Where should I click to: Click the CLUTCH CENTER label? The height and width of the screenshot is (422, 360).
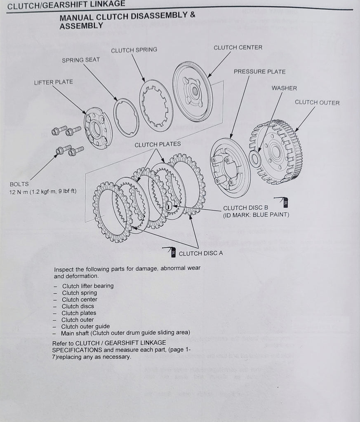coord(238,48)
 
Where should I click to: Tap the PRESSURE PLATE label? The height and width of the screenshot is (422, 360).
coord(259,72)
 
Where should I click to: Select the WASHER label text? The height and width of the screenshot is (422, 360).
coord(284,88)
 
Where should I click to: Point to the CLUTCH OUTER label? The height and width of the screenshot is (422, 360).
coord(317,103)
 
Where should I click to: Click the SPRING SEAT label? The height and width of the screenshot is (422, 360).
coord(81,60)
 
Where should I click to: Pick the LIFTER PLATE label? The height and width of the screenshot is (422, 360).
coord(53,82)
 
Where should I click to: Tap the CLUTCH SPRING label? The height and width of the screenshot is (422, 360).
coord(134,50)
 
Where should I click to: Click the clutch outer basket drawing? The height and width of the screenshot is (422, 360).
coord(276,151)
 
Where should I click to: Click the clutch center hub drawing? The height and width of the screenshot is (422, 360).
coord(192,91)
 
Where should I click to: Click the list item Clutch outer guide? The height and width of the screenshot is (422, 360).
coord(85,326)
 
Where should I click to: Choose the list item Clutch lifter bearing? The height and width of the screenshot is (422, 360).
coord(87,286)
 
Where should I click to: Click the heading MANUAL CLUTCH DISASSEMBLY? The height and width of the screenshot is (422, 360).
coord(127,18)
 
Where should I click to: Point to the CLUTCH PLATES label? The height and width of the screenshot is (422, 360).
coord(157,145)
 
